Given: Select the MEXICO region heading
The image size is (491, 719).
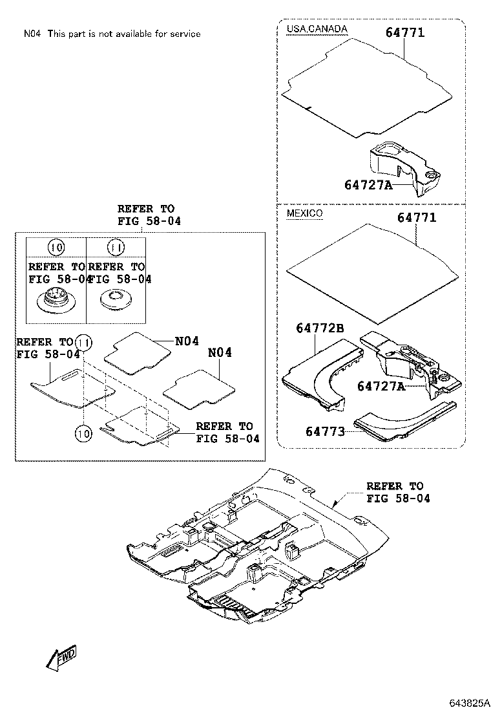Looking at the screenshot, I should pyautogui.click(x=304, y=213).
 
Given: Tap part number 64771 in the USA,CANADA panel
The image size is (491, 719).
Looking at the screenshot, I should pyautogui.click(x=405, y=32).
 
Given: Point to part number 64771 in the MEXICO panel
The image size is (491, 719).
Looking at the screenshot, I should pyautogui.click(x=417, y=218).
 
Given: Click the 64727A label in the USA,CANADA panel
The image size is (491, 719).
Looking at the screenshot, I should pyautogui.click(x=368, y=185).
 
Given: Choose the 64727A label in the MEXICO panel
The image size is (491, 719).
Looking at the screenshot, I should pyautogui.click(x=381, y=386).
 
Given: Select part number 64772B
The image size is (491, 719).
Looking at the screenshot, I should pyautogui.click(x=320, y=328).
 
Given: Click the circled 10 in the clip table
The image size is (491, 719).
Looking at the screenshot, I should pyautogui.click(x=56, y=247).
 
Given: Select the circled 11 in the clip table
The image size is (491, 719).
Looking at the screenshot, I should pyautogui.click(x=116, y=247).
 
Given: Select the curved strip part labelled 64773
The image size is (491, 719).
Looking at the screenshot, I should pyautogui.click(x=401, y=420).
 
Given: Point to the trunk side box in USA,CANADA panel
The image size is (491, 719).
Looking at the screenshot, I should pyautogui.click(x=404, y=165).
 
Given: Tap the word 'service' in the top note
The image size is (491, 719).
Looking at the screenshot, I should pyautogui.click(x=185, y=34).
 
